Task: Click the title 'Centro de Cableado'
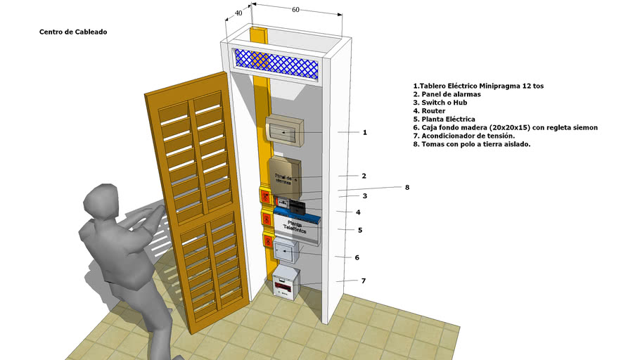click(73, 32)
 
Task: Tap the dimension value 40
click(238, 13)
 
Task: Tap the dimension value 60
click(295, 10)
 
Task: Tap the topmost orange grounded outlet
click(265, 196)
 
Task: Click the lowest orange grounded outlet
click(268, 242)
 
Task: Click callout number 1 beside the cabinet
click(364, 132)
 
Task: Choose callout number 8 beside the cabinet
click(407, 188)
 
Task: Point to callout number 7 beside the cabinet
click(364, 281)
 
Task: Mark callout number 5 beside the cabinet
click(359, 230)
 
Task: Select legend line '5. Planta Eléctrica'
click(444, 120)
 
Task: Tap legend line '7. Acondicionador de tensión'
click(463, 136)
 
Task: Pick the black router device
click(297, 206)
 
